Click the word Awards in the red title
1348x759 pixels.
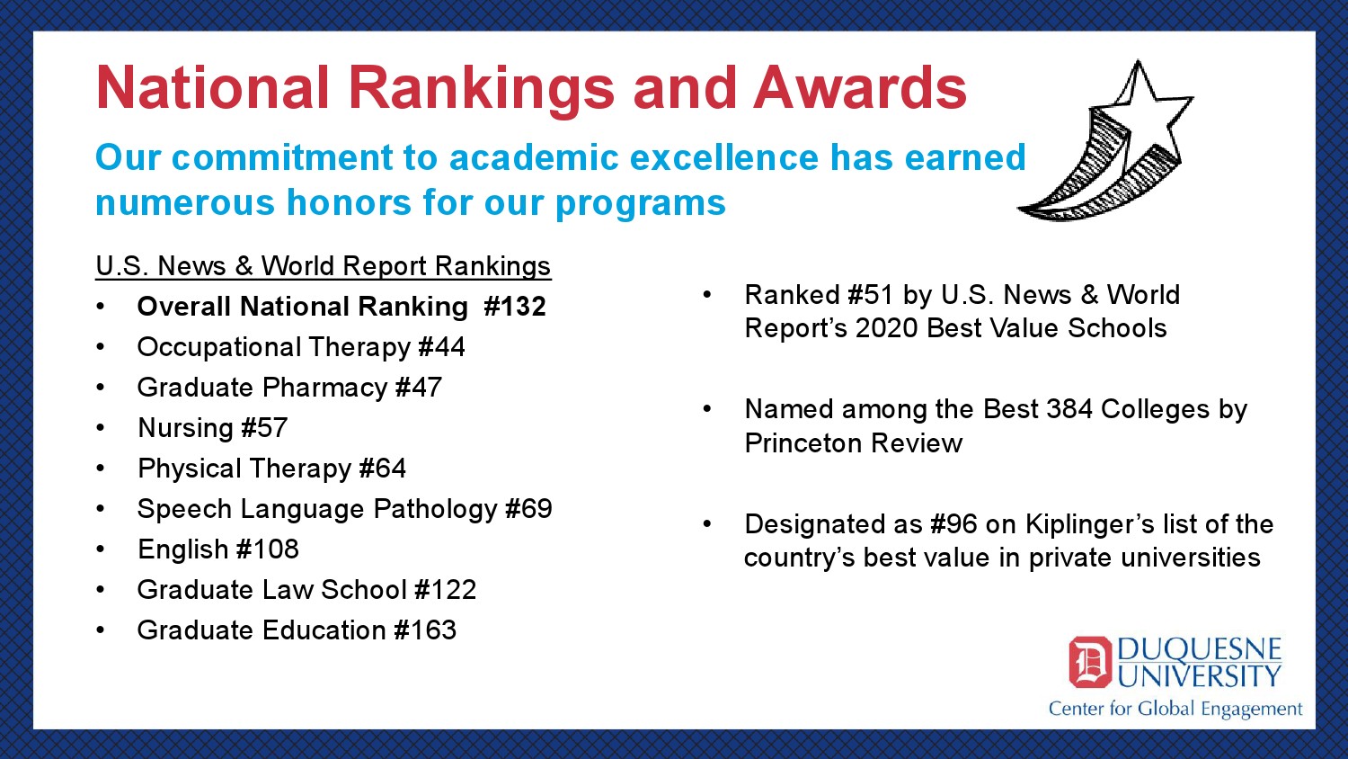(860, 88)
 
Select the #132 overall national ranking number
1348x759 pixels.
(515, 307)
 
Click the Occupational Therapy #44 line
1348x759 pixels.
(301, 347)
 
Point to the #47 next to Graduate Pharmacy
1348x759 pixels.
(419, 388)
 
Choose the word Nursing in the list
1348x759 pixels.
(185, 428)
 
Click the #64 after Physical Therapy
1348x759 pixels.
(383, 469)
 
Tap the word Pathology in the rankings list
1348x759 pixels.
(434, 510)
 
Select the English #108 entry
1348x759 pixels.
(217, 549)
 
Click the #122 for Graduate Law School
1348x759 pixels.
(446, 590)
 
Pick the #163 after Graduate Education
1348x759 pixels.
(425, 630)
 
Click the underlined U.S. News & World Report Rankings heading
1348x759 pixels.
(324, 266)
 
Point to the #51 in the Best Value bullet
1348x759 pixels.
(871, 295)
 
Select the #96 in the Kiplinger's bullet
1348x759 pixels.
(953, 524)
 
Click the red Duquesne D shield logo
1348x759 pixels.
(1090, 662)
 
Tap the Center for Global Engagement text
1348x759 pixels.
(1175, 709)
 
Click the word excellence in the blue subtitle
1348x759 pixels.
(724, 157)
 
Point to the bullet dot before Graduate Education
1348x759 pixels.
(101, 630)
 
